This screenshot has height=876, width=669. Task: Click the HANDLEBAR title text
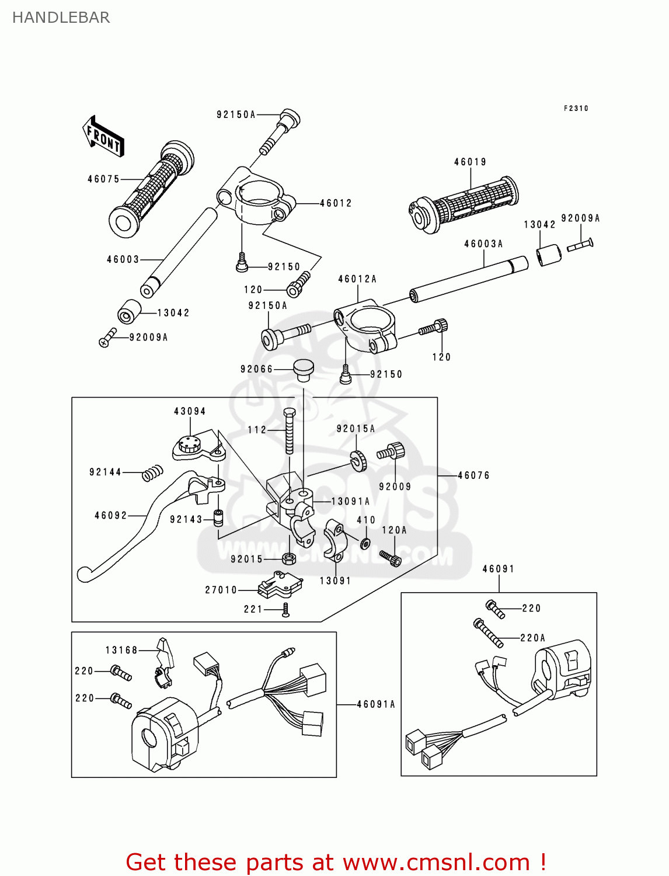click(61, 18)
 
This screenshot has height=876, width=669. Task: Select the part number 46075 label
click(103, 179)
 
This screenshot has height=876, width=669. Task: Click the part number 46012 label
click(336, 203)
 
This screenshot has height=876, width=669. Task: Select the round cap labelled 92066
click(303, 369)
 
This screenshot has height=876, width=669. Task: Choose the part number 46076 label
click(473, 476)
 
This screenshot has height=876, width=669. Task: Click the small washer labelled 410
click(365, 544)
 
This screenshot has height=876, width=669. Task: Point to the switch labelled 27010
click(280, 586)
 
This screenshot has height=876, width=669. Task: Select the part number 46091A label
click(376, 705)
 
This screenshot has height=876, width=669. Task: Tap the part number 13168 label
click(121, 651)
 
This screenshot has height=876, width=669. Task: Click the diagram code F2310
click(576, 109)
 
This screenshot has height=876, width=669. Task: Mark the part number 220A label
click(532, 638)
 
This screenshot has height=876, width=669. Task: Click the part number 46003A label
click(483, 244)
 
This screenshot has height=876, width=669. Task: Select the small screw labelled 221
click(285, 610)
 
